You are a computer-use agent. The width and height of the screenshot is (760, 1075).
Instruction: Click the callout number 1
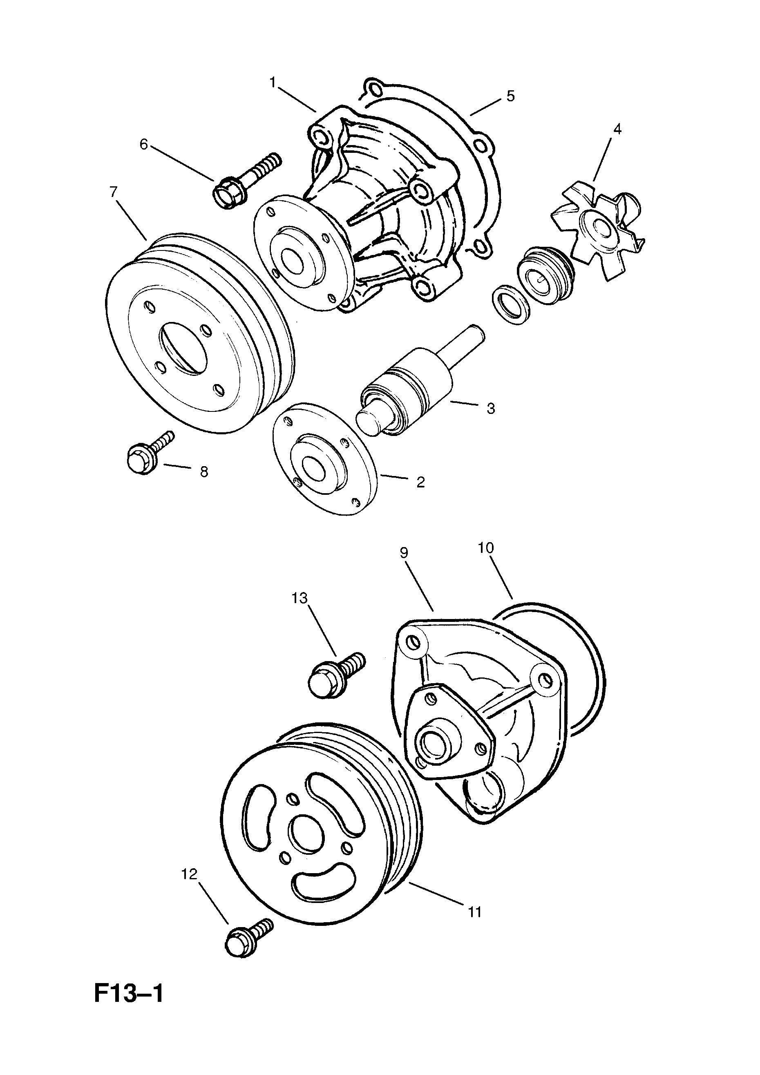click(273, 83)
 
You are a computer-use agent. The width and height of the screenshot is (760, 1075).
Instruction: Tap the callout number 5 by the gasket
click(510, 96)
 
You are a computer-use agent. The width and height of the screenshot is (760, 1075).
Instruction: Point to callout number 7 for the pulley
click(114, 192)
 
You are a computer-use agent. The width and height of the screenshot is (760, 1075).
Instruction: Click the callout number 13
click(300, 598)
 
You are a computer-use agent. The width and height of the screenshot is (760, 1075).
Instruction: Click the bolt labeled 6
click(248, 181)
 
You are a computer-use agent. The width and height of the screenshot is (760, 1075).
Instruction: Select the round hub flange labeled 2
click(325, 458)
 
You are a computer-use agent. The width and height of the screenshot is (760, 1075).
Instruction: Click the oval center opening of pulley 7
click(183, 349)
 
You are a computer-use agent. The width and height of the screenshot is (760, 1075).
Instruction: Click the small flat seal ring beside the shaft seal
click(511, 305)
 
